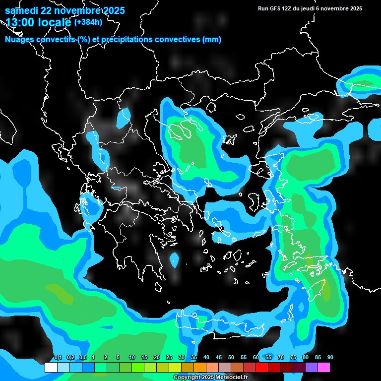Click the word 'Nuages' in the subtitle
(20, 40)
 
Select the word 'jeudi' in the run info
(314, 8)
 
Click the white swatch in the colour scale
(51, 368)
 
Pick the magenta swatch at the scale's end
(324, 368)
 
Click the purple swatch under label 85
(312, 368)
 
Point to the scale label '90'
(330, 358)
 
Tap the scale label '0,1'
(58, 358)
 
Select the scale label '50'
(231, 358)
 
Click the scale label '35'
(194, 358)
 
